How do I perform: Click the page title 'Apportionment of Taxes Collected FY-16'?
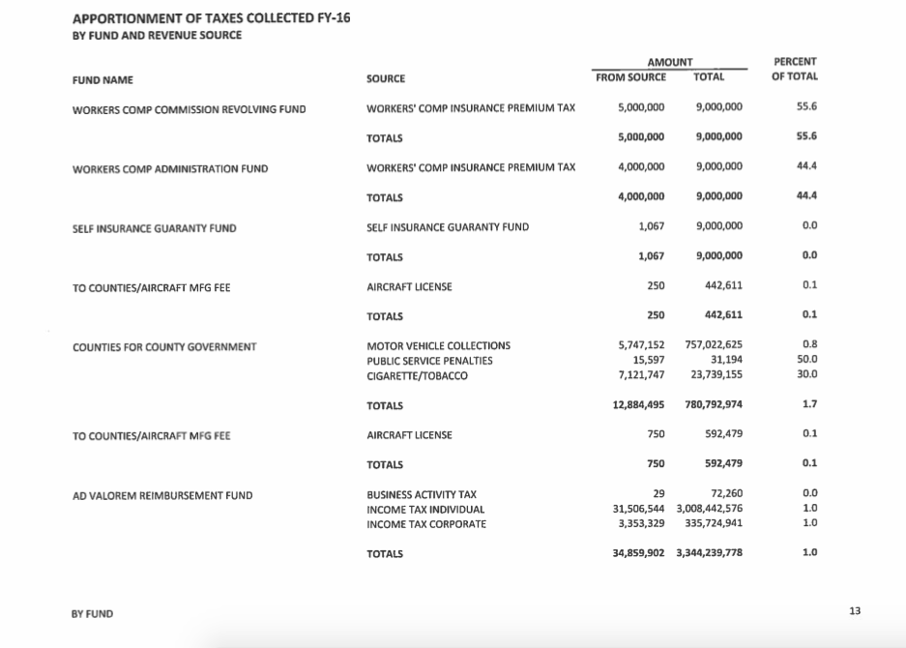[211, 18]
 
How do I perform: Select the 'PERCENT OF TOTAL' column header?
[795, 70]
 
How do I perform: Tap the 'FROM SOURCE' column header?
[630, 77]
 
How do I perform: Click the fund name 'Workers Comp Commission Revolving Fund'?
[189, 108]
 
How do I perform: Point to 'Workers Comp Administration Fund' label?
[170, 168]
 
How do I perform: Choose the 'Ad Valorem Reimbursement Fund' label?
[162, 495]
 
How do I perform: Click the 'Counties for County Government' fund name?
[164, 346]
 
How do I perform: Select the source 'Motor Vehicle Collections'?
[438, 346]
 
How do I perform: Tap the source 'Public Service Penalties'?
[429, 361]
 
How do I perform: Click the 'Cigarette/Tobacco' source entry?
[417, 375]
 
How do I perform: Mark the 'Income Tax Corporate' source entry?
[426, 524]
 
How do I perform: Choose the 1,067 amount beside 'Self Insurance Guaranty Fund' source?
[651, 227]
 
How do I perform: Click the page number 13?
[854, 611]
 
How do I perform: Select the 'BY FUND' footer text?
[92, 613]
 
